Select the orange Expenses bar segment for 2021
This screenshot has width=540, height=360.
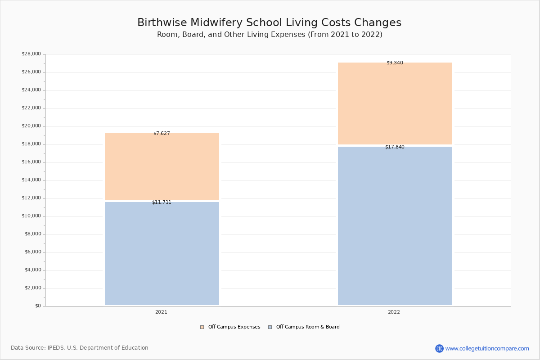point(162,166)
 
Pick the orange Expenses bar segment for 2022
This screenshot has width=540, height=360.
point(395,103)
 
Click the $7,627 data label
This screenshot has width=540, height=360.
point(162,134)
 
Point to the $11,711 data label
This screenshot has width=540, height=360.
point(162,202)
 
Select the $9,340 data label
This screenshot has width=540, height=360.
point(395,63)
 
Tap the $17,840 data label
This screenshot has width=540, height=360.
point(395,147)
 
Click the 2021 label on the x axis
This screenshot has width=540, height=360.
point(161,312)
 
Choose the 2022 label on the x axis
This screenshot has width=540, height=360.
point(394,312)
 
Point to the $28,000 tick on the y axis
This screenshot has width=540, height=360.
point(31,54)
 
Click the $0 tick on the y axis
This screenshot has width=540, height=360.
point(38,306)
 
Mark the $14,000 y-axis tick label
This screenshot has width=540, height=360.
point(31,180)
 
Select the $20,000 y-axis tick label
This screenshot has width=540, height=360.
point(31,126)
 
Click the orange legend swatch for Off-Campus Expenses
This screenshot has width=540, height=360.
point(202,327)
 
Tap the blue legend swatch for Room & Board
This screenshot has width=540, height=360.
point(270,327)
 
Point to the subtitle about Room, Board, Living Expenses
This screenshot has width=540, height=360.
point(270,35)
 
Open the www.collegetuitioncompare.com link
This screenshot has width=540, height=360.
point(487,349)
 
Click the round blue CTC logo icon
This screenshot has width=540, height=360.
point(439,349)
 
